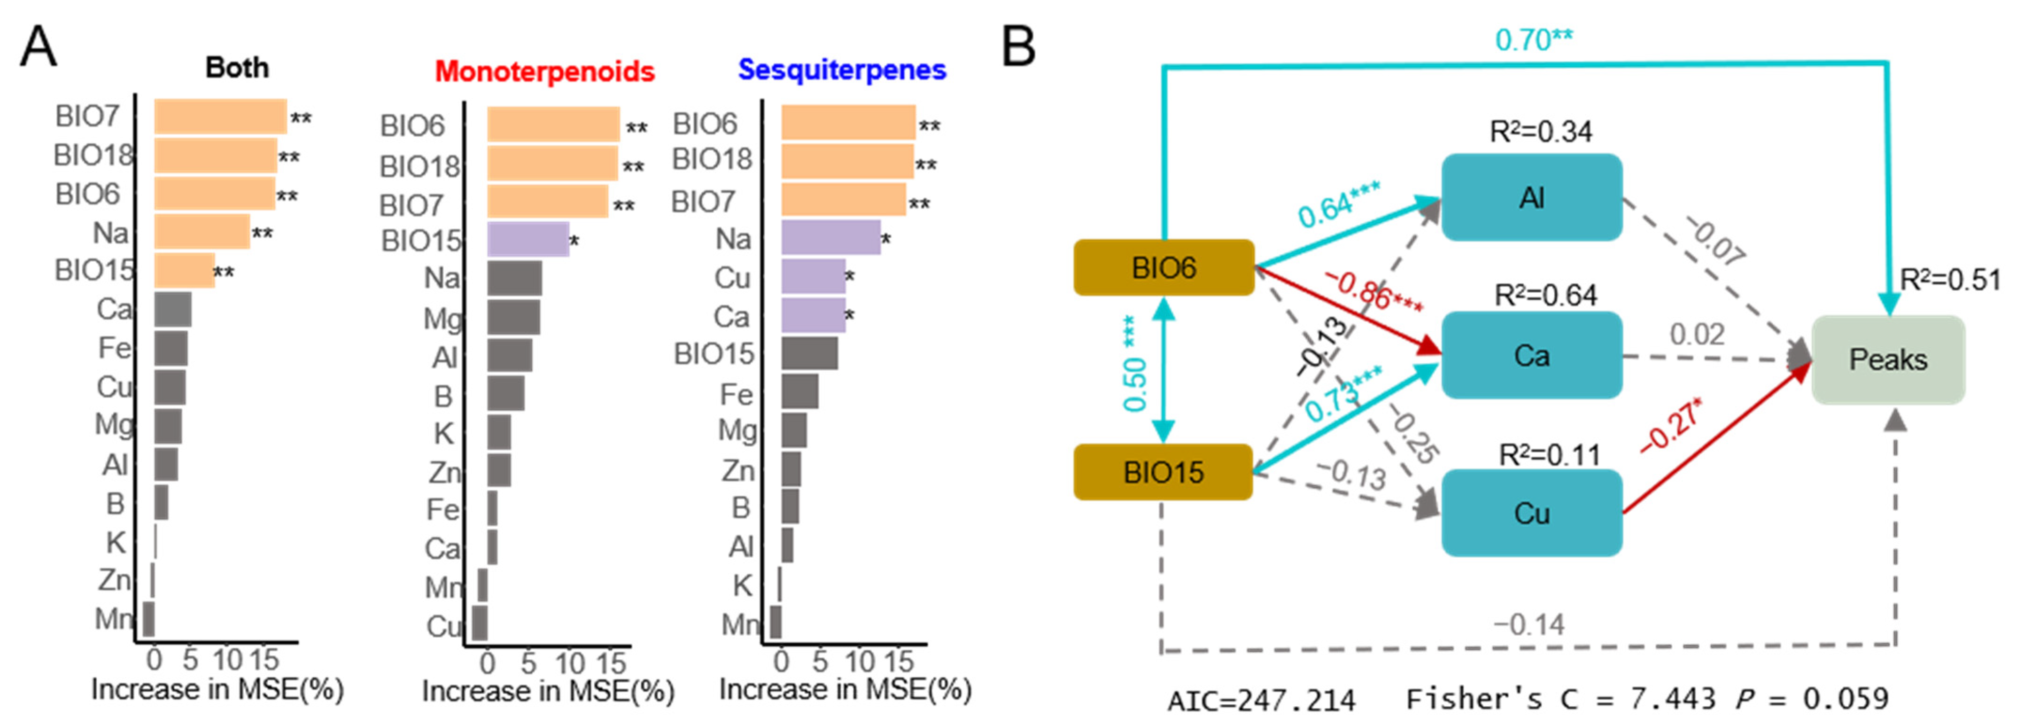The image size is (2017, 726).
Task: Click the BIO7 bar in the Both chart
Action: pos(220,117)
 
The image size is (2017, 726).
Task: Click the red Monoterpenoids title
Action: pos(544,72)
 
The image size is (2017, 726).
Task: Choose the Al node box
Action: pos(1532,197)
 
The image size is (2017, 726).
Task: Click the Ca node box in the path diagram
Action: pos(1532,356)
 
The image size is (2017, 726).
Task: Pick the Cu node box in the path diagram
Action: pos(1532,513)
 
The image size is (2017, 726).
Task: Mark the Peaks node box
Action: pos(1888,359)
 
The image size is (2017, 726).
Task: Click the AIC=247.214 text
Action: pos(1261,699)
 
